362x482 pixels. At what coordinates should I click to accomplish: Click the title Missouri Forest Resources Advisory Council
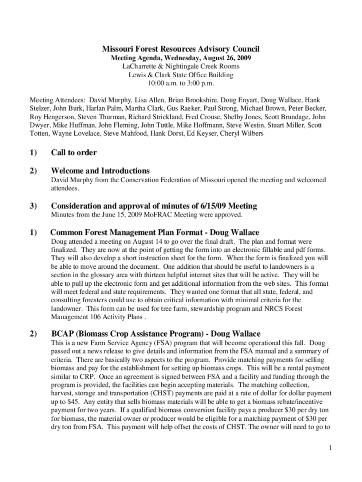click(181, 49)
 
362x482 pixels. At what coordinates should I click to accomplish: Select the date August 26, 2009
click(224, 58)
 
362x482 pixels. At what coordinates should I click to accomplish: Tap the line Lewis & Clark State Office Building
click(181, 74)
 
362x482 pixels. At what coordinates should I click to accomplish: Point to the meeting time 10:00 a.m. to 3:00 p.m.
click(181, 83)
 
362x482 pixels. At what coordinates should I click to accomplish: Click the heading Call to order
click(74, 153)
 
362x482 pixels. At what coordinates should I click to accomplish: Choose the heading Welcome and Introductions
click(100, 171)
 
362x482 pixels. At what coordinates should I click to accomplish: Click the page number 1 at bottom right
click(331, 448)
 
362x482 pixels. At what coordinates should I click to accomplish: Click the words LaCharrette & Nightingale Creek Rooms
click(181, 66)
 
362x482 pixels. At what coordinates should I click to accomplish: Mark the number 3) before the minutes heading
click(34, 206)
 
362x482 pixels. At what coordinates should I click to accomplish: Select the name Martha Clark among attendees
click(141, 109)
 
